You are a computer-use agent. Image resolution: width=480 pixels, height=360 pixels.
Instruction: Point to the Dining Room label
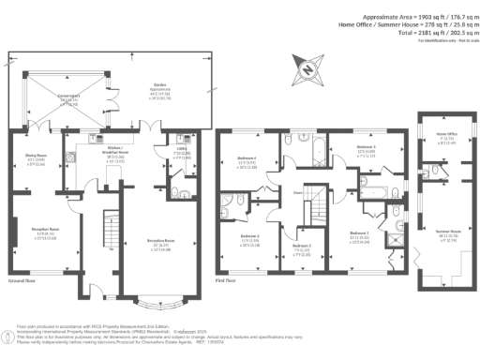[35, 157]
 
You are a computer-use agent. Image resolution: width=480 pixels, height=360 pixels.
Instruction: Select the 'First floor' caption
[227, 279]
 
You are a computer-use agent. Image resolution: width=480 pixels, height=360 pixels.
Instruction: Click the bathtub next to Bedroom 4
[318, 150]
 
